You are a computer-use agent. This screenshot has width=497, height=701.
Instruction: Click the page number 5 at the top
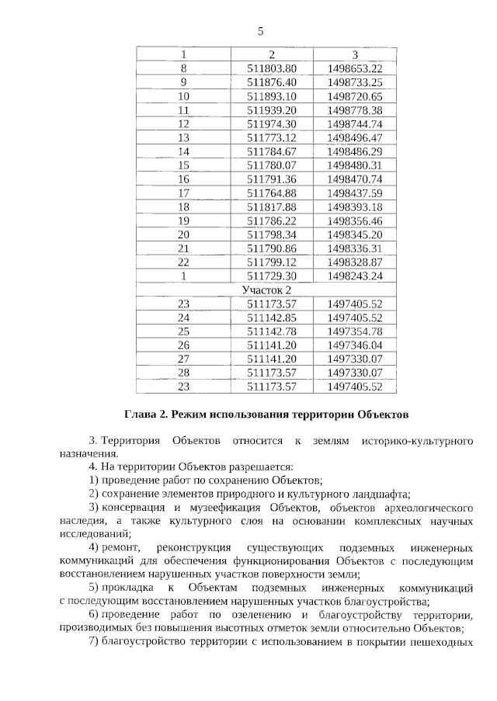click(261, 31)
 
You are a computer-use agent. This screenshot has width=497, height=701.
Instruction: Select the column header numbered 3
click(355, 55)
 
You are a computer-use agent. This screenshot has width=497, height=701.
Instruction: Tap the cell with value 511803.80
click(272, 68)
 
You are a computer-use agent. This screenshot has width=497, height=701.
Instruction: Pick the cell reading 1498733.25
click(355, 82)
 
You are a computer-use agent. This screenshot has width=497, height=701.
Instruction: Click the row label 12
click(184, 123)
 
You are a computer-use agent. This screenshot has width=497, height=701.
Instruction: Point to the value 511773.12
click(272, 137)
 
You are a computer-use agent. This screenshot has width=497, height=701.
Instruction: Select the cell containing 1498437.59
click(355, 193)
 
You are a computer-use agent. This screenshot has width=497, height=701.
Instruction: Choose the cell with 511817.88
click(272, 206)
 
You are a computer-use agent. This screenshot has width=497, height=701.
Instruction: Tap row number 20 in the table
click(184, 234)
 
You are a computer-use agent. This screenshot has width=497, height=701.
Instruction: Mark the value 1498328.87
click(355, 262)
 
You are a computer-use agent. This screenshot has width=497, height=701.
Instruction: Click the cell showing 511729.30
click(272, 276)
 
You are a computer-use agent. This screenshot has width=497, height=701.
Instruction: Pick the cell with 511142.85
click(272, 318)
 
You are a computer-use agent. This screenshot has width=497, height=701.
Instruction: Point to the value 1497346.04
click(355, 345)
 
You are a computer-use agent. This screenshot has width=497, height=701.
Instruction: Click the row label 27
click(184, 359)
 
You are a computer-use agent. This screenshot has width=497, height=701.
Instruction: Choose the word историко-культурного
click(417, 440)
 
